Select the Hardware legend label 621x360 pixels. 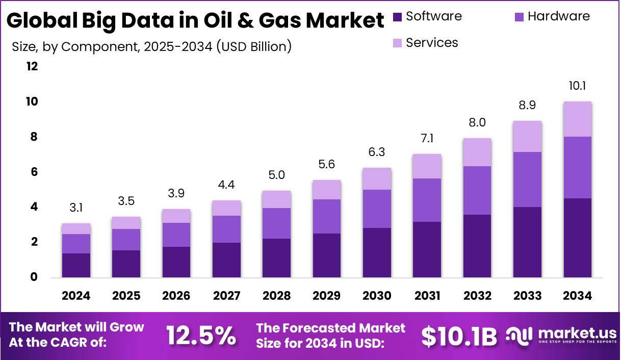[558, 16]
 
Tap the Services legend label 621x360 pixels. [432, 43]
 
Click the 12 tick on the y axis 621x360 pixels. [32, 66]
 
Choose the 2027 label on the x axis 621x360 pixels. [226, 296]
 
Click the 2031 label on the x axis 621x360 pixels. [427, 296]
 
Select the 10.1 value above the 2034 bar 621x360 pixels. [577, 86]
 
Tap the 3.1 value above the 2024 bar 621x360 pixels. [76, 208]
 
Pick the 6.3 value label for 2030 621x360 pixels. [377, 152]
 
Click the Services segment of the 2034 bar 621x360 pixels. [577, 119]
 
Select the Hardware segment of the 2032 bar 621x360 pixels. [477, 190]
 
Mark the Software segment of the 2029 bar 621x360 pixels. [327, 255]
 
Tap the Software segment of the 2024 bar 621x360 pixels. [76, 265]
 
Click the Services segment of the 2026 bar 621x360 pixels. [176, 216]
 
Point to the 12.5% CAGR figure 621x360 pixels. [201, 336]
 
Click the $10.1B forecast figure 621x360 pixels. [459, 336]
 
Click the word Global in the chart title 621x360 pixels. [39, 21]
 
